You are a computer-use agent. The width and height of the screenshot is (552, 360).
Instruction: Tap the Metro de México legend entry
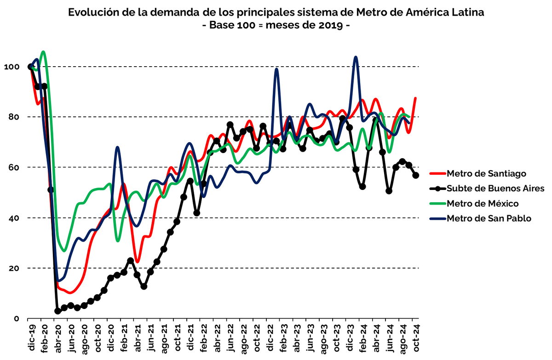(483, 203)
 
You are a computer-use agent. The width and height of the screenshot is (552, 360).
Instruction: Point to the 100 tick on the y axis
(11, 67)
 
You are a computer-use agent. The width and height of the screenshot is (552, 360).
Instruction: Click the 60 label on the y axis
(13, 167)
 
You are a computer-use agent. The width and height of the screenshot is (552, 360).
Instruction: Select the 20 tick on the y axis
(13, 268)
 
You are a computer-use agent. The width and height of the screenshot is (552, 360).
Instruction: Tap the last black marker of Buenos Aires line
(416, 175)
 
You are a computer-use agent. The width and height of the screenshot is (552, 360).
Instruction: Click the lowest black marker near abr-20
(57, 311)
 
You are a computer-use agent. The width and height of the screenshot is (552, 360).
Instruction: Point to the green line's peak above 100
(43, 51)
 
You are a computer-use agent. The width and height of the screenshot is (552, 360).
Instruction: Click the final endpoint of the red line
(416, 98)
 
